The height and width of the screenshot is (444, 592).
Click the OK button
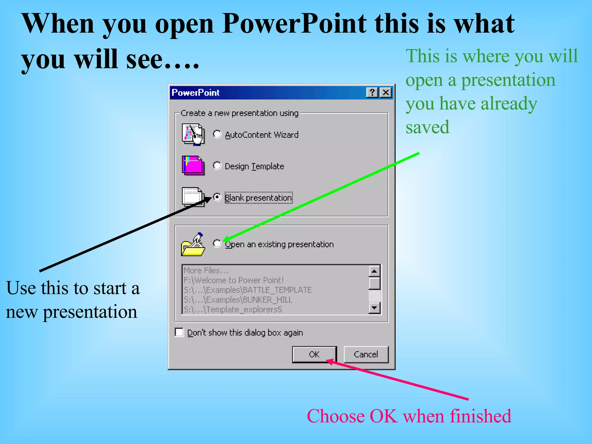(314, 354)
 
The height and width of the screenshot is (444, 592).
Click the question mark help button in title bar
(372, 92)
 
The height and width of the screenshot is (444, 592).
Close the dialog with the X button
(386, 92)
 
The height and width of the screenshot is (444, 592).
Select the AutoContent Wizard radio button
(217, 134)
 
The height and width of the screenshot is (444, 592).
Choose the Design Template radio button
(217, 166)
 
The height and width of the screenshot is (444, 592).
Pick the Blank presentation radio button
(217, 197)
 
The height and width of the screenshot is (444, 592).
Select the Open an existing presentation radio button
(217, 244)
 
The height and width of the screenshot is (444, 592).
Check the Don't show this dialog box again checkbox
(179, 332)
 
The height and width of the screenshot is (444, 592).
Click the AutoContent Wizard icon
(193, 134)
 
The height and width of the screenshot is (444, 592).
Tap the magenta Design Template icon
(193, 166)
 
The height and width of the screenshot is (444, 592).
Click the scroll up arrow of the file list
(374, 271)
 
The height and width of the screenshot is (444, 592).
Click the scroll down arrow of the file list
(374, 308)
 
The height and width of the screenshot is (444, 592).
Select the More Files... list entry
(206, 271)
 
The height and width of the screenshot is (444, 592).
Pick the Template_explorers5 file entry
(233, 310)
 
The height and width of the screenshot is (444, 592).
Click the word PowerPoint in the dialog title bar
(196, 92)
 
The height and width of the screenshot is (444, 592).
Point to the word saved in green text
(428, 127)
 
